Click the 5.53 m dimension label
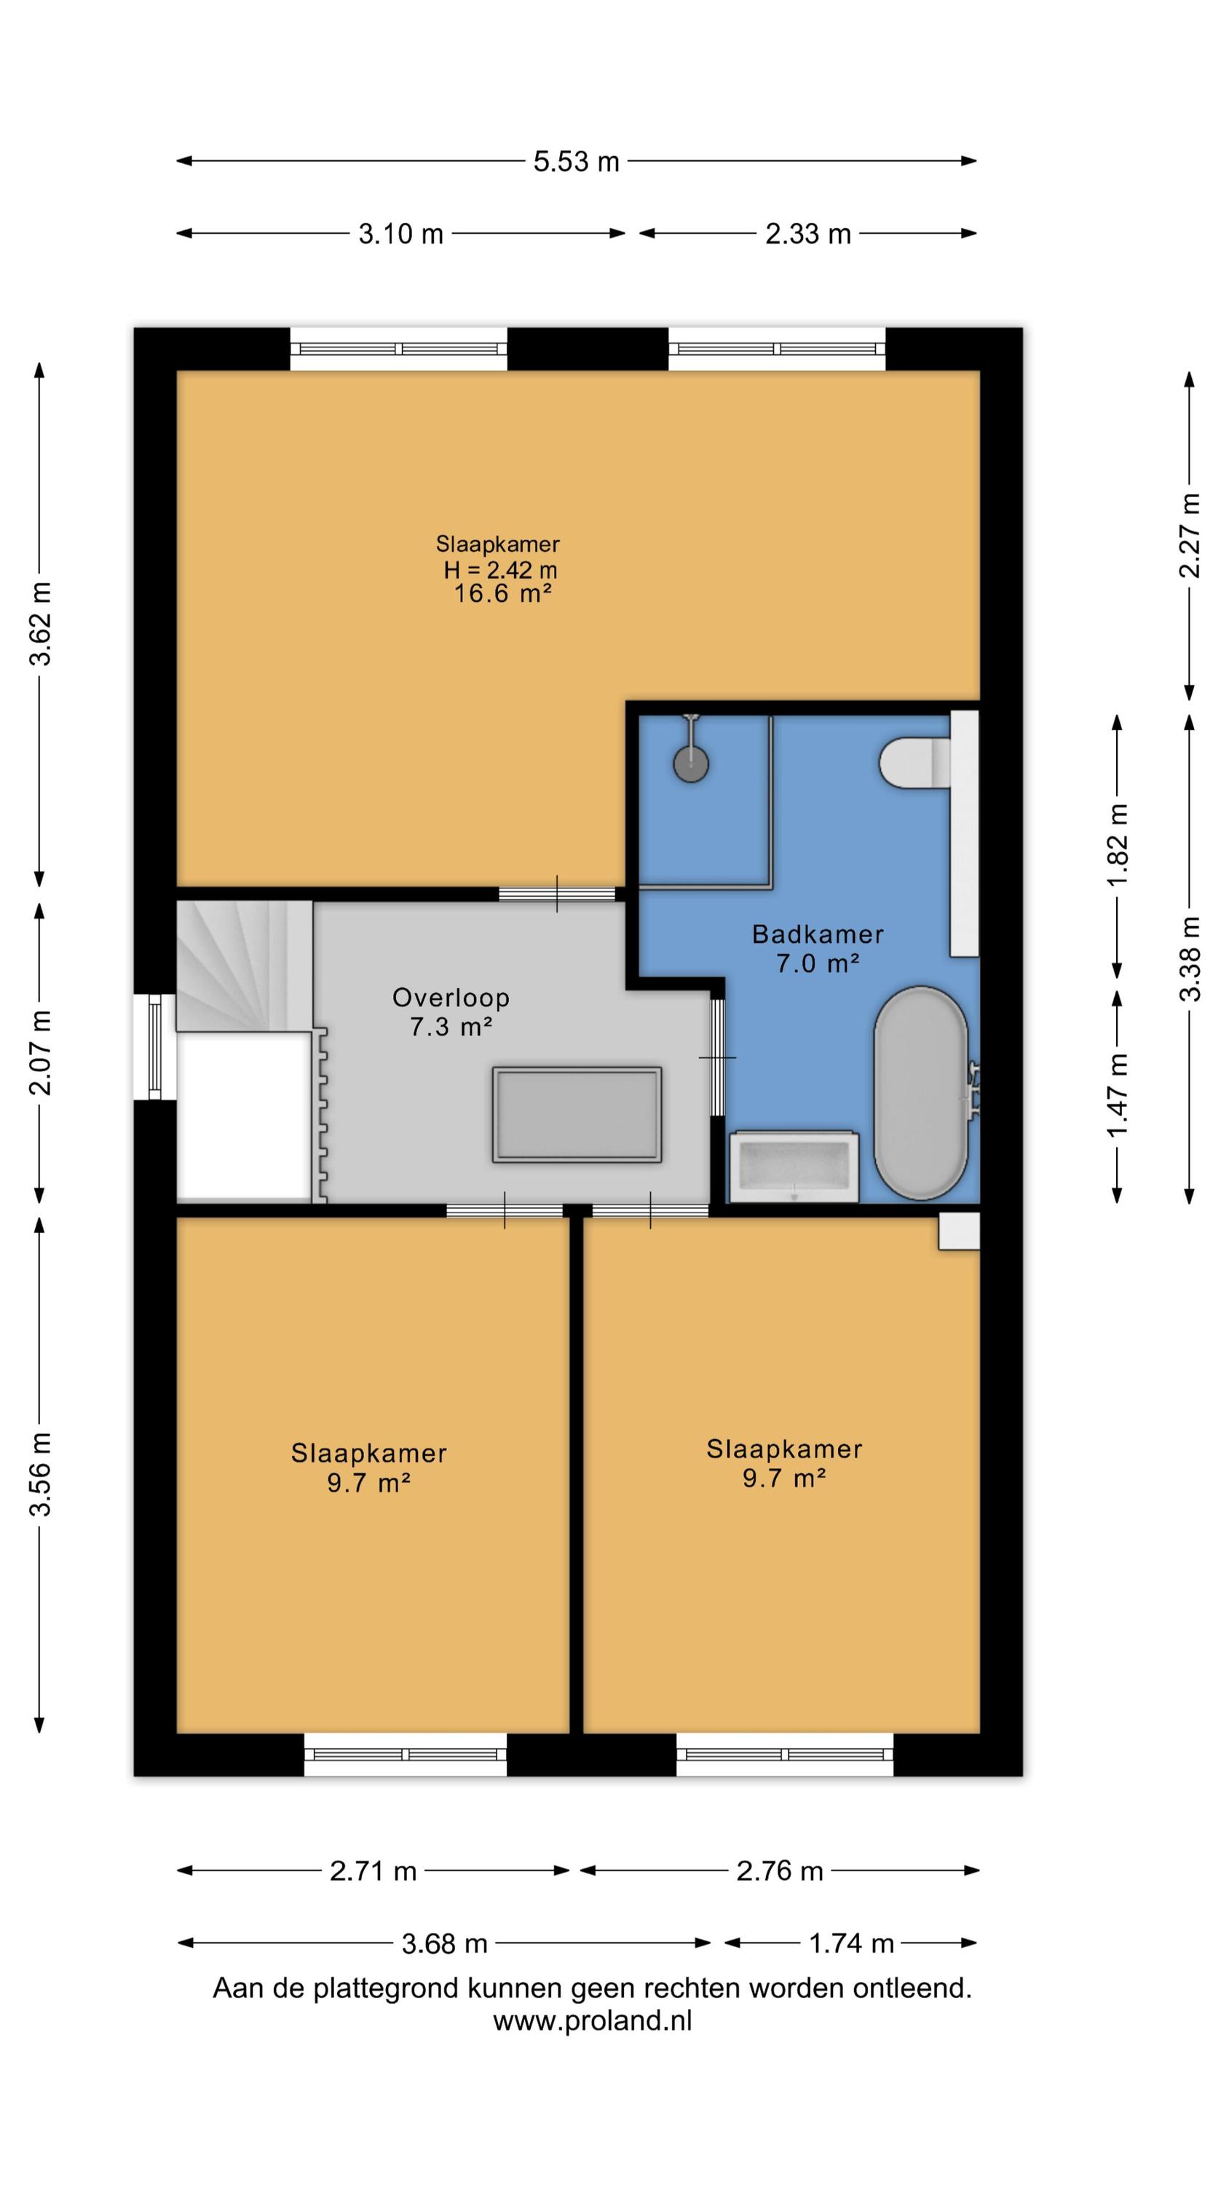click(576, 161)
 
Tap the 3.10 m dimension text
click(400, 233)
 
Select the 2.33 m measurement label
click(807, 233)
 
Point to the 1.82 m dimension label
click(1117, 845)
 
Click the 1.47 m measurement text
click(1117, 1094)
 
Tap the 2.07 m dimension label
click(41, 1052)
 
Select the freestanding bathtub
click(920, 1093)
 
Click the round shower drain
click(691, 763)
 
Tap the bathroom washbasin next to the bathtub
click(794, 1166)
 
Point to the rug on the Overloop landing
click(577, 1114)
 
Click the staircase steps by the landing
click(245, 965)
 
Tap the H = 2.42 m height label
click(500, 569)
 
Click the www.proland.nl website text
click(592, 2021)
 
